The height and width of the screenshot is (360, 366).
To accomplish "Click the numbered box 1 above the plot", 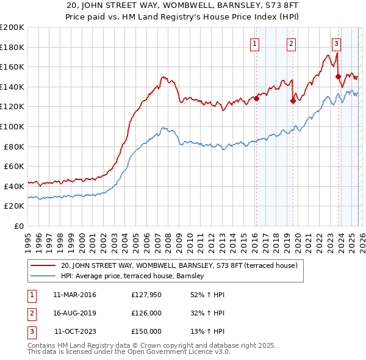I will (254, 43).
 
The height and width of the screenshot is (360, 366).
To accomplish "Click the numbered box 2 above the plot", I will (292, 43).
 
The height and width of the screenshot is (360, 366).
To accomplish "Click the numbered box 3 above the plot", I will (336, 43).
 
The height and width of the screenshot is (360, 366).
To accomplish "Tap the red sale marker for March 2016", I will (257, 98).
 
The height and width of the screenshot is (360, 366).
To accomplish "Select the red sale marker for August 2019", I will (293, 101).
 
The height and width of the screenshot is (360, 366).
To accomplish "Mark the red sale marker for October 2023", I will (338, 76).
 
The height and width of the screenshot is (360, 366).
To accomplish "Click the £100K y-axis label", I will (12, 126).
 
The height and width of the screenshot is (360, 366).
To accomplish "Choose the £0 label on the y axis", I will (18, 226).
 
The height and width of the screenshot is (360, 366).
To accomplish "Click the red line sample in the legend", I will (43, 265).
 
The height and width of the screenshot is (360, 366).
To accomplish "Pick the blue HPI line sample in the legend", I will (43, 276).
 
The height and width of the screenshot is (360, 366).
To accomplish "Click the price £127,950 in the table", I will (146, 295).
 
